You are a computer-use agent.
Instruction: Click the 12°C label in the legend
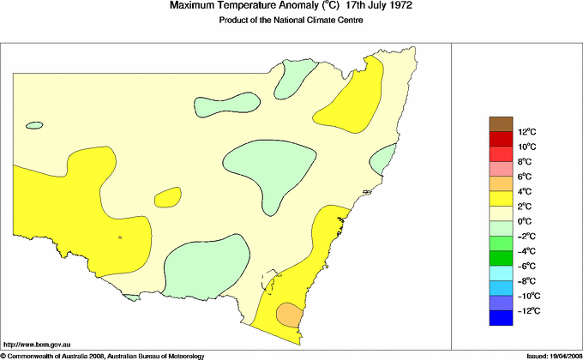(x=526, y=132)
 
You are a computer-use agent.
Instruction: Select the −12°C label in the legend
(x=527, y=311)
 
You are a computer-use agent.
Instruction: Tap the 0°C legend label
(x=525, y=221)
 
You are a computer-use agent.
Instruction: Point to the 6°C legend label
(x=525, y=177)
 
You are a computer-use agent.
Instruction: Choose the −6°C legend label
(x=526, y=267)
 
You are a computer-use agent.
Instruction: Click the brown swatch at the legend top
(x=501, y=124)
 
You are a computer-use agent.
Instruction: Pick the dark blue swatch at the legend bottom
(x=501, y=318)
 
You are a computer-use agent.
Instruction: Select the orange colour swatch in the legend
(x=501, y=183)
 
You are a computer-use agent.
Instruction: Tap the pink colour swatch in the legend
(x=501, y=169)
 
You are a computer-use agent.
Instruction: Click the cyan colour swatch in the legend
(x=501, y=273)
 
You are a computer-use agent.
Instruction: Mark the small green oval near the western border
(x=34, y=125)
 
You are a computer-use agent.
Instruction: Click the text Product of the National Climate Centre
(x=291, y=21)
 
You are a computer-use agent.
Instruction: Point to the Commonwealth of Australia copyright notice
(x=103, y=355)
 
